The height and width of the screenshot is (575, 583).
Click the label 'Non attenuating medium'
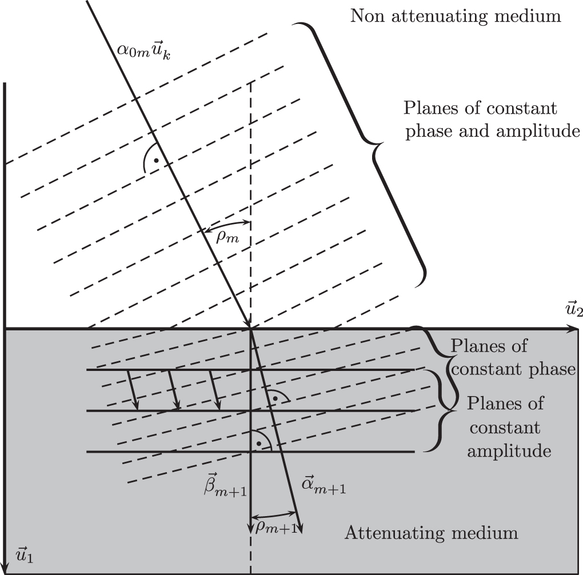pyautogui.click(x=456, y=17)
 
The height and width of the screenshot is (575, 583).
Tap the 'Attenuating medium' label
pyautogui.click(x=432, y=533)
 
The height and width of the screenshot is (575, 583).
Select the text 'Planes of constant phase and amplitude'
pyautogui.click(x=492, y=120)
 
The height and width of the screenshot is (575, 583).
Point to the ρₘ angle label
pyautogui.click(x=227, y=237)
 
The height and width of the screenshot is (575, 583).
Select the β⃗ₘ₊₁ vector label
pyautogui.click(x=225, y=485)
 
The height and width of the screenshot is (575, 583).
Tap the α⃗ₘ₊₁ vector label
pyautogui.click(x=324, y=486)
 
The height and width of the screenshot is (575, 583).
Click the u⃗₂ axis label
pyautogui.click(x=574, y=309)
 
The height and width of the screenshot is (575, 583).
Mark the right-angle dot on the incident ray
pyautogui.click(x=157, y=160)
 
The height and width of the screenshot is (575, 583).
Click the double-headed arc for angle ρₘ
pyautogui.click(x=227, y=222)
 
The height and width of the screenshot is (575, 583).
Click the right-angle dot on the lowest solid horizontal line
pyautogui.click(x=259, y=444)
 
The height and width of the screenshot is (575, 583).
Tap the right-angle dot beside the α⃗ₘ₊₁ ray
pyautogui.click(x=275, y=398)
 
